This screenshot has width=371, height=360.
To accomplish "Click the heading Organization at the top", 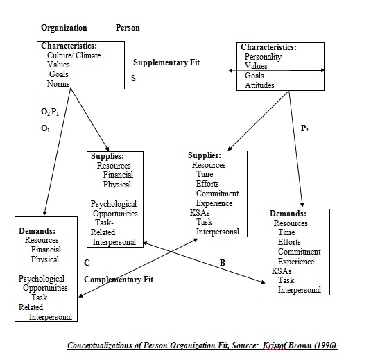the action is tap(64, 28).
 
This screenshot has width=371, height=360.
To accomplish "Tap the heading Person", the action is tap(128, 28).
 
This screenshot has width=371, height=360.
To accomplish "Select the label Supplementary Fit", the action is tap(166, 62).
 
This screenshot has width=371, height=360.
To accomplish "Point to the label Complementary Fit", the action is tap(119, 280).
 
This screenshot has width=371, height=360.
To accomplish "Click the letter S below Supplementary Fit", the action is tap(133, 78).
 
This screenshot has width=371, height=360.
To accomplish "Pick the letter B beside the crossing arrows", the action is tap(223, 263).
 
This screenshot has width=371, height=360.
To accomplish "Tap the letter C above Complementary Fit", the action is tap(87, 263).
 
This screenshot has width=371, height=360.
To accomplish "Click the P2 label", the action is tap(304, 128).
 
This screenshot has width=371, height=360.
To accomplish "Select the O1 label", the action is tap(46, 128).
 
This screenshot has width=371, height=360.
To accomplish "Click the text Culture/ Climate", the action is tap(74, 55).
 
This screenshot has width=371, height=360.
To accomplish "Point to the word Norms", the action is tap(58, 84).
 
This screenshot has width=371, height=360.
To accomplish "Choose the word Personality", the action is tap(263, 57).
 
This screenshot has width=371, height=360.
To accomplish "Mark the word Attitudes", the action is tap(259, 85).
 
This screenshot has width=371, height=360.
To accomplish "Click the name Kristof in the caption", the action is tap(274, 345).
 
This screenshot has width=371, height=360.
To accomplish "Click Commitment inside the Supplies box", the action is tap(218, 194).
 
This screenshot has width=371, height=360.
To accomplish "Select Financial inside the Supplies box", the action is tap(118, 175).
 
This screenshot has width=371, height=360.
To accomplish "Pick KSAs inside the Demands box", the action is tap(282, 271).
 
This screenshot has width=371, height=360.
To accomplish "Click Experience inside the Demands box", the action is tap(296, 262).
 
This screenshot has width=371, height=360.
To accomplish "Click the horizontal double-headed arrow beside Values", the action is tap(277, 71).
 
